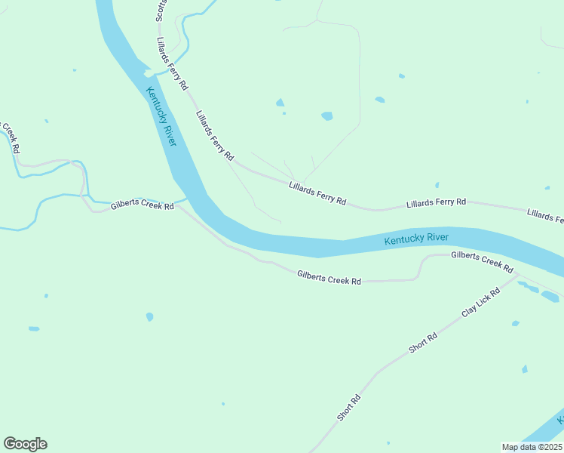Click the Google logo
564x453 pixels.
[25, 444]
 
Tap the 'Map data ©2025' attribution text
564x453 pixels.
[532, 447]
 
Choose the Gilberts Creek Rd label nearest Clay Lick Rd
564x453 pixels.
[482, 262]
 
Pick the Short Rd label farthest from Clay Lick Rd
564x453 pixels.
[349, 408]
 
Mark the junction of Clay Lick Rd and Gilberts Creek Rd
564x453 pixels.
[518, 276]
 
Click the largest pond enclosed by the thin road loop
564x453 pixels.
[326, 116]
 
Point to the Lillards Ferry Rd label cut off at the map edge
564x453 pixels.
[545, 216]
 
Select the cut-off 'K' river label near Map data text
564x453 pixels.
[559, 419]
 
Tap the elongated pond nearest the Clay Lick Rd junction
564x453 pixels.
[528, 287]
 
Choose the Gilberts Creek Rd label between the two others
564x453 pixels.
[329, 279]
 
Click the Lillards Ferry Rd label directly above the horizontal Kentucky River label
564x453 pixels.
[436, 202]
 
